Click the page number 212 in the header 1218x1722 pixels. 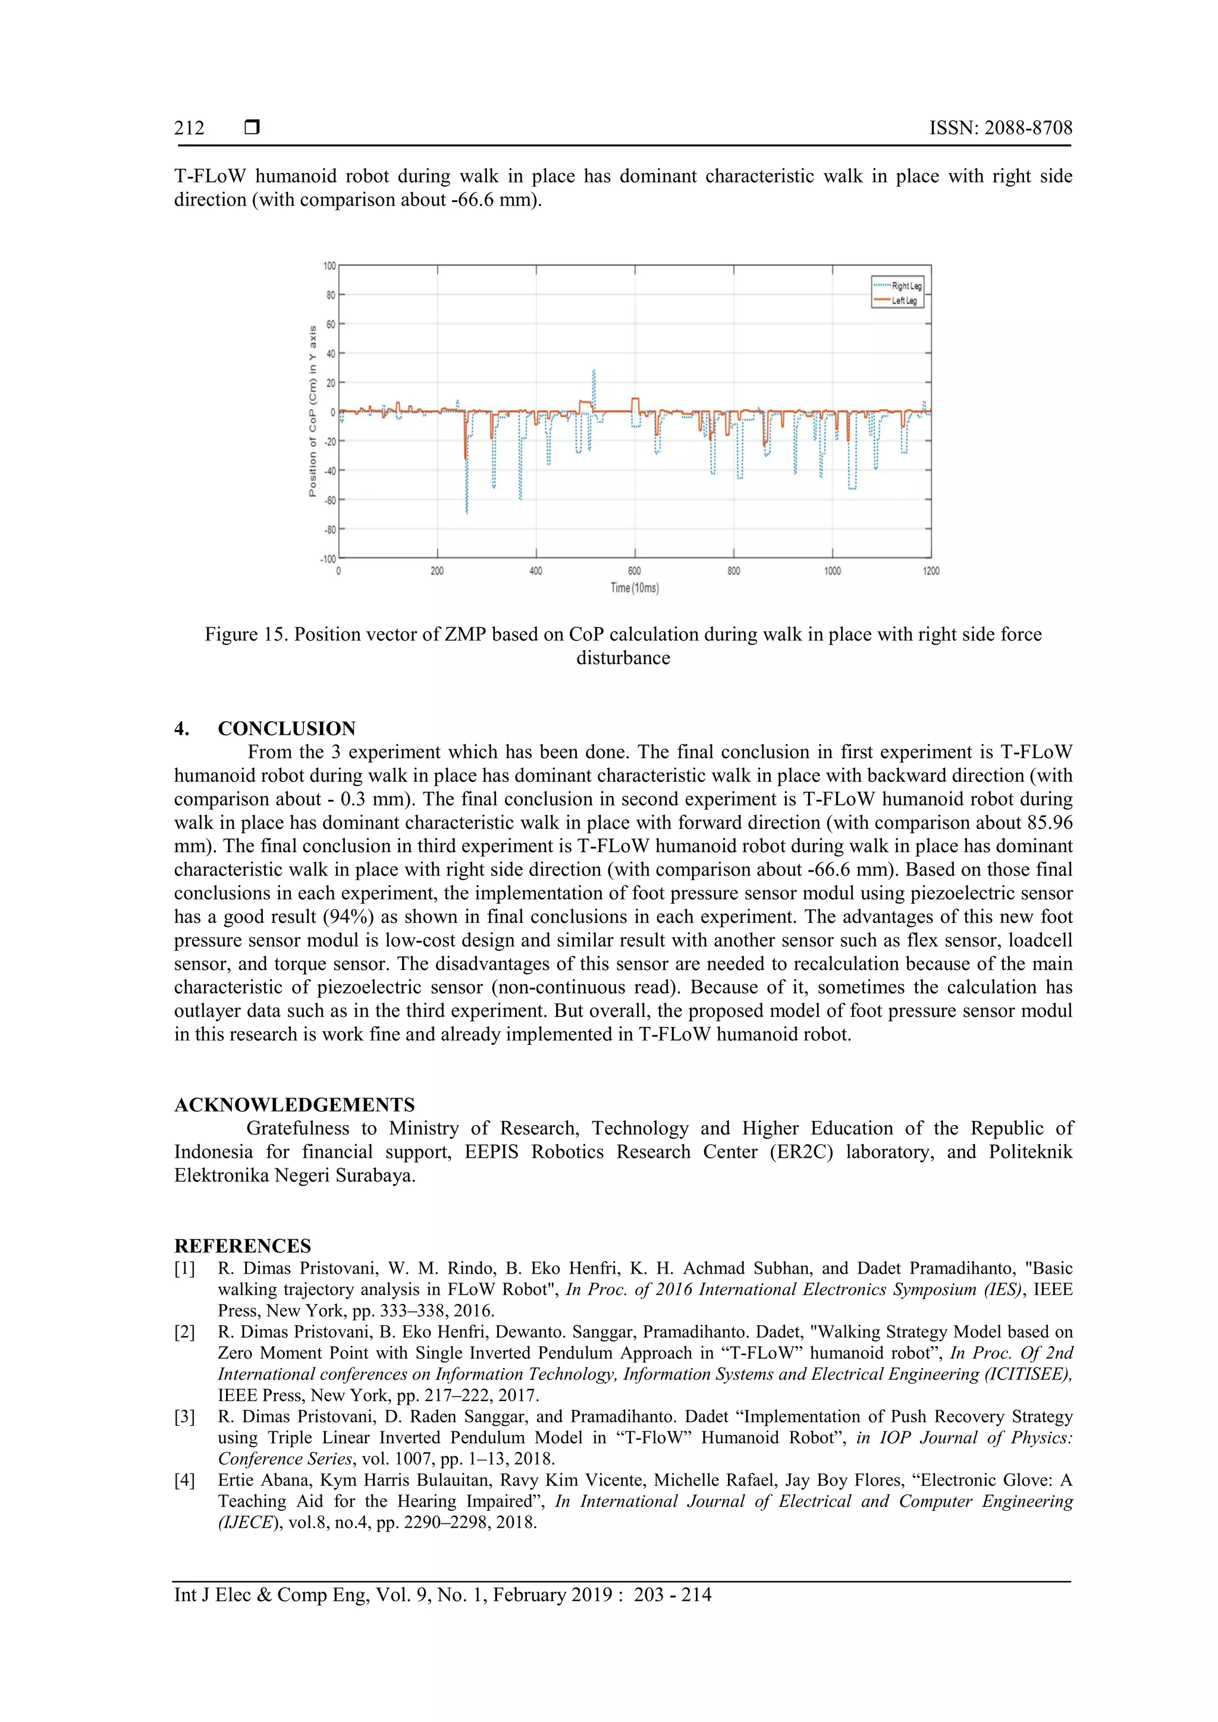tap(189, 128)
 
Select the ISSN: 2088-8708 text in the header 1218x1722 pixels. tap(1000, 128)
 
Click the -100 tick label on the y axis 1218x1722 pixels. tap(328, 559)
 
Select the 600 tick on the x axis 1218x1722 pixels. tap(635, 571)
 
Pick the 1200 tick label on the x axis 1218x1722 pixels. tap(931, 571)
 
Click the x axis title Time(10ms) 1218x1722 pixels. tap(635, 588)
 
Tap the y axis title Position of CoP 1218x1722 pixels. tap(313, 411)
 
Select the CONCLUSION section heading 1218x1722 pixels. tap(287, 728)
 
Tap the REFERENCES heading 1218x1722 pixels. tap(242, 1246)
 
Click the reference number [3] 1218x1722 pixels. tap(184, 1417)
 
